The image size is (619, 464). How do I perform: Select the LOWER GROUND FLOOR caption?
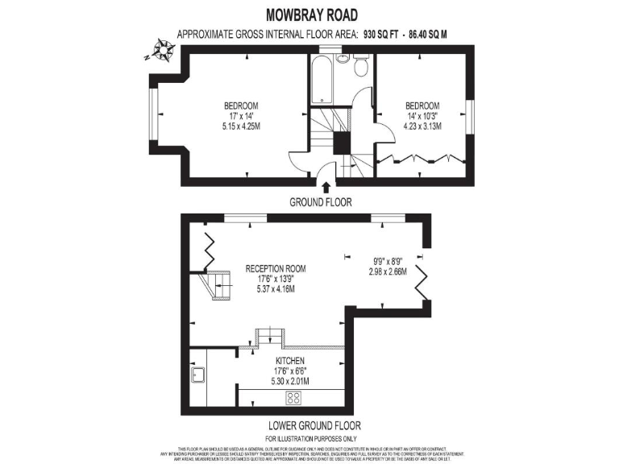pyautogui.click(x=314, y=425)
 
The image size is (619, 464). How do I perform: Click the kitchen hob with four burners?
pyautogui.click(x=294, y=397)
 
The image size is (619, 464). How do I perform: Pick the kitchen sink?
pyautogui.click(x=198, y=376)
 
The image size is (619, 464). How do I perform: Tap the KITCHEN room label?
pyautogui.click(x=289, y=360)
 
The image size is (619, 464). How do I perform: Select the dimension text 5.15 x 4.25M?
pyautogui.click(x=241, y=126)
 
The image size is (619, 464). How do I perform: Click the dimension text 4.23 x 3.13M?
pyautogui.click(x=422, y=126)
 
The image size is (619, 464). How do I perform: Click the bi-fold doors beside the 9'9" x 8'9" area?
pyautogui.click(x=425, y=282)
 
